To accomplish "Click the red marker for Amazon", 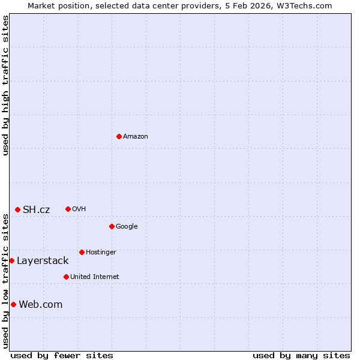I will pyautogui.click(x=119, y=136).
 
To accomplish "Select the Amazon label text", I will pyautogui.click(x=136, y=137).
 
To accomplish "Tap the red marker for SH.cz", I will pyautogui.click(x=18, y=209).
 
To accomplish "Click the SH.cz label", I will pyautogui.click(x=37, y=209).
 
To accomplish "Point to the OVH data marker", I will pyautogui.click(x=68, y=209).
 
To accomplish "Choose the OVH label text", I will pyautogui.click(x=79, y=209).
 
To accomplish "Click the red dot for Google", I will pyautogui.click(x=112, y=226).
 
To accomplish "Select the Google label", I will pyautogui.click(x=127, y=227).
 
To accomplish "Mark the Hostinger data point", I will pyautogui.click(x=82, y=252).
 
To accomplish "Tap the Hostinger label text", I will pyautogui.click(x=101, y=253).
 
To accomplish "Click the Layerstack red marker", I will pyautogui.click(x=12, y=260).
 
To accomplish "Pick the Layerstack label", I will pyautogui.click(x=43, y=261).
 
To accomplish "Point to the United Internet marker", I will pyautogui.click(x=66, y=277).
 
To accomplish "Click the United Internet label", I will pyautogui.click(x=94, y=277).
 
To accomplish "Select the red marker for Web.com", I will pyautogui.click(x=13, y=304).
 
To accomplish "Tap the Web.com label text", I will pyautogui.click(x=41, y=305).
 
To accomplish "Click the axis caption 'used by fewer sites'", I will pyautogui.click(x=62, y=355).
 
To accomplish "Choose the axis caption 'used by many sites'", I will pyautogui.click(x=301, y=355).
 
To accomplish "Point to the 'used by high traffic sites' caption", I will pyautogui.click(x=5, y=85).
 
